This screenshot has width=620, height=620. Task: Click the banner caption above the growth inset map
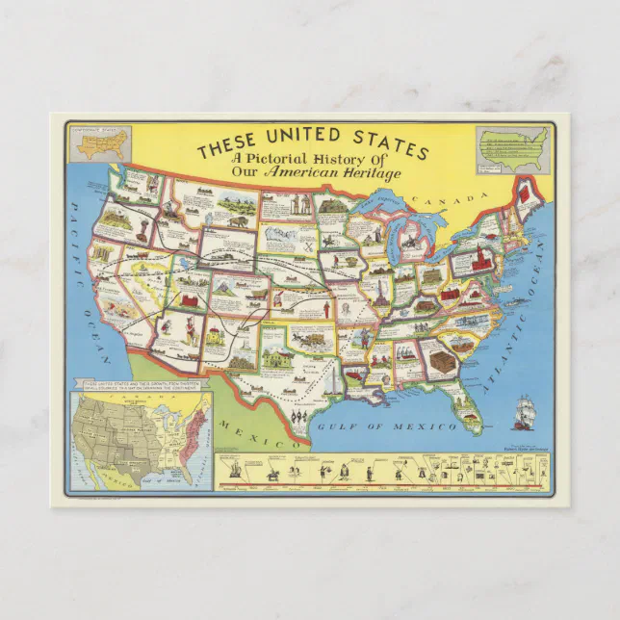[144, 387]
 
